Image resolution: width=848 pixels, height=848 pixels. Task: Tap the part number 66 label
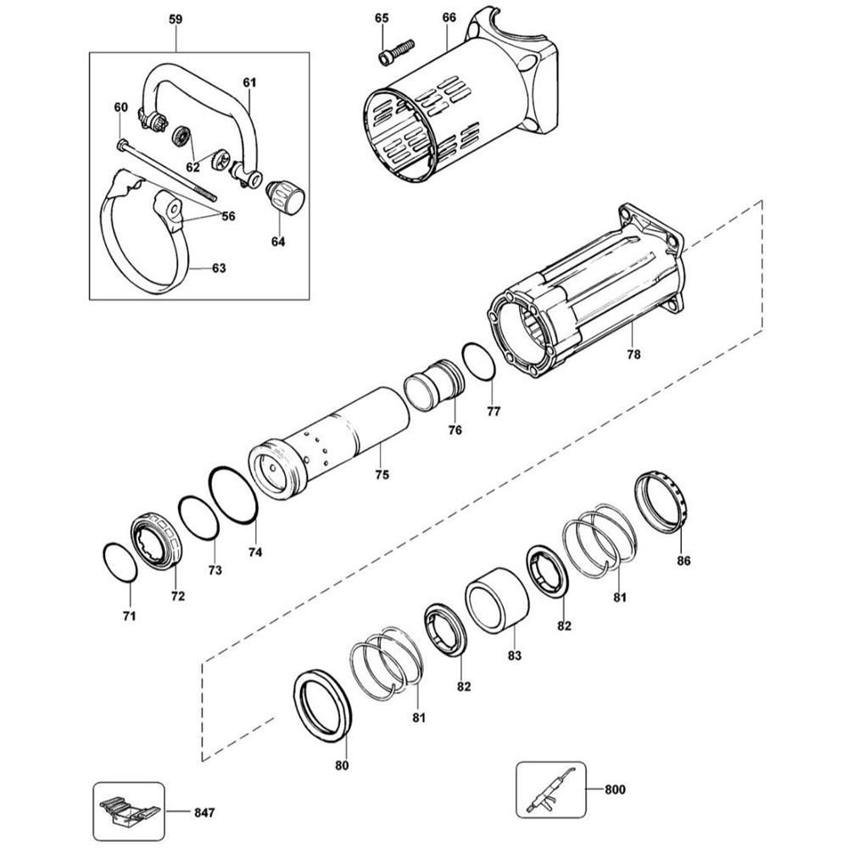[x=449, y=18]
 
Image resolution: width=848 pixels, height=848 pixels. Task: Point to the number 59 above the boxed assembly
[x=175, y=18]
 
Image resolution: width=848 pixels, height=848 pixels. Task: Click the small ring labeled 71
[x=120, y=562]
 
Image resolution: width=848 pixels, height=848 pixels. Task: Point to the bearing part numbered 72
[x=158, y=539]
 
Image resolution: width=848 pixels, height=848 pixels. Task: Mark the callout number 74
[x=255, y=552]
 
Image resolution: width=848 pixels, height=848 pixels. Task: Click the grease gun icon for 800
[x=550, y=789]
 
